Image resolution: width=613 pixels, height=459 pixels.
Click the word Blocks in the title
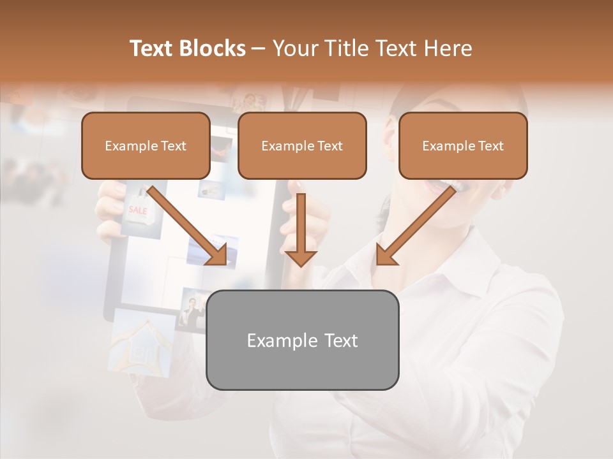point(213,48)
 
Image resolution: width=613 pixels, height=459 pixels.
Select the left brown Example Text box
point(146,145)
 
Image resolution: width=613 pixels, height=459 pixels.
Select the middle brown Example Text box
point(302,145)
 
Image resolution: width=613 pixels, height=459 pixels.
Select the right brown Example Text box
point(463,145)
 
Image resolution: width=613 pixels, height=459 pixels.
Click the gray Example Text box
point(302,340)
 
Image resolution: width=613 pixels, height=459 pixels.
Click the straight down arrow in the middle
point(301,229)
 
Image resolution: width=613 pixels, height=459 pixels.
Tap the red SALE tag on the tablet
point(138,210)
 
